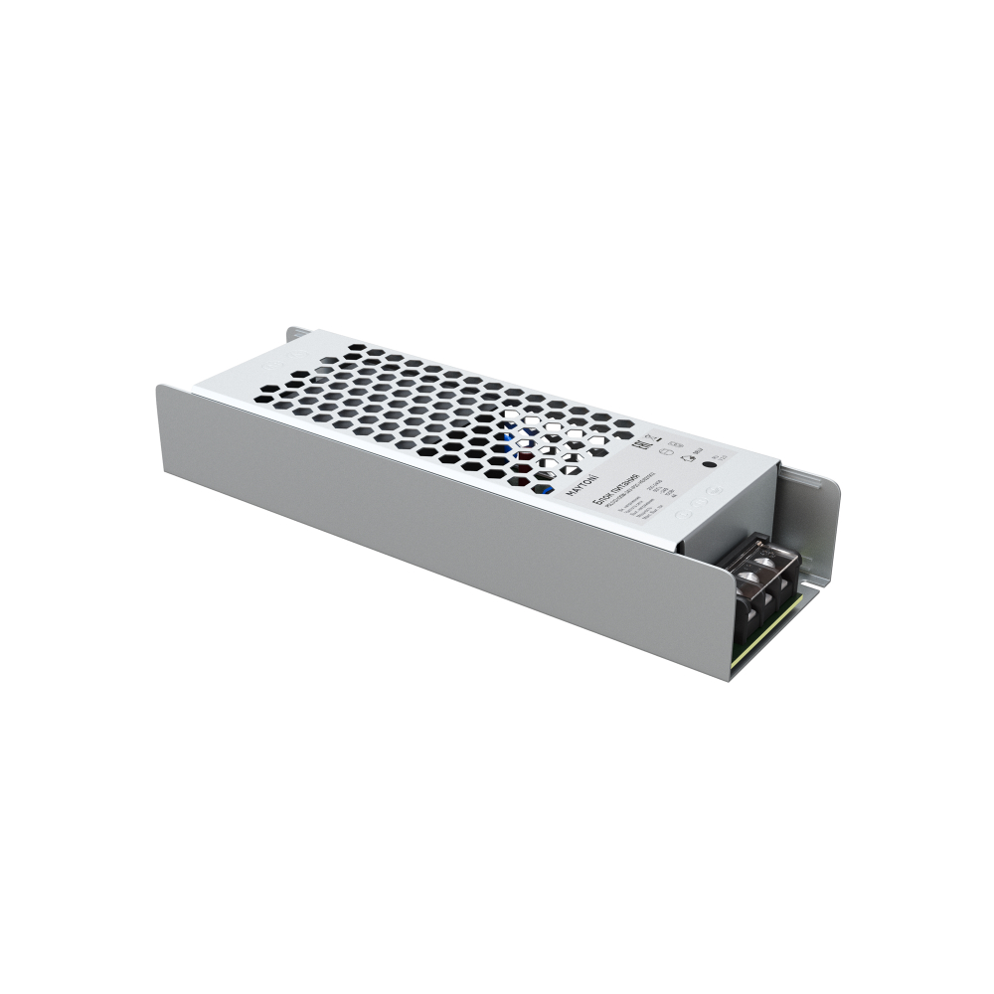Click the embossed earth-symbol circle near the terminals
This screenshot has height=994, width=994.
[684, 515]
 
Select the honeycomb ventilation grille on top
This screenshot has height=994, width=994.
[437, 408]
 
